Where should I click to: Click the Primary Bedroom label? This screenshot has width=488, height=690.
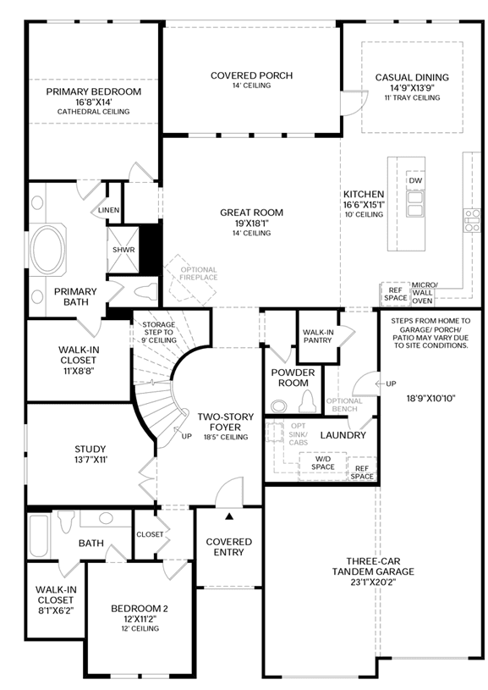click(x=94, y=91)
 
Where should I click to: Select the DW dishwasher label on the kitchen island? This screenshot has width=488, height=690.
click(x=415, y=180)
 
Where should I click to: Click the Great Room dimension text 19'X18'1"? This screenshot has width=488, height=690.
click(x=251, y=224)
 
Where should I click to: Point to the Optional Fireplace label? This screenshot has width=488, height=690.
click(x=199, y=273)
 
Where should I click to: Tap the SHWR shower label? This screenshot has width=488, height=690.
click(x=123, y=250)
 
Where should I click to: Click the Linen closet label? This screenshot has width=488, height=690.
click(x=108, y=210)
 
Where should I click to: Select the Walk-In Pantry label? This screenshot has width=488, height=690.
click(x=318, y=336)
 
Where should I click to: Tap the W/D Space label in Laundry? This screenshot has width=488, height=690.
click(x=323, y=463)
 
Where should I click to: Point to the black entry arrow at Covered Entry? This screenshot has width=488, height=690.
click(x=228, y=516)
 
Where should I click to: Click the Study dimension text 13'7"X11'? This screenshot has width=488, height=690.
click(x=90, y=460)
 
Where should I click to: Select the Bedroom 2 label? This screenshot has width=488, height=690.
click(x=140, y=609)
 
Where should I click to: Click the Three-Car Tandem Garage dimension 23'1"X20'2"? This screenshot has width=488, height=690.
click(x=373, y=582)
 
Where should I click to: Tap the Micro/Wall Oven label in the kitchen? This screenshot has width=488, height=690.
click(x=423, y=293)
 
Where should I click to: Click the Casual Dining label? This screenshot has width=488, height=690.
click(x=412, y=77)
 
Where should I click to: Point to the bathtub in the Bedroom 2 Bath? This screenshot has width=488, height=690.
click(x=38, y=535)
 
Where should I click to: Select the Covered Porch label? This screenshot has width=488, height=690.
click(x=251, y=75)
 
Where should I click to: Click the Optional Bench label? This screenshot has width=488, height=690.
click(x=344, y=405)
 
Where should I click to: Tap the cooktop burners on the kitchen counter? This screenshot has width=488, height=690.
click(x=473, y=221)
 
